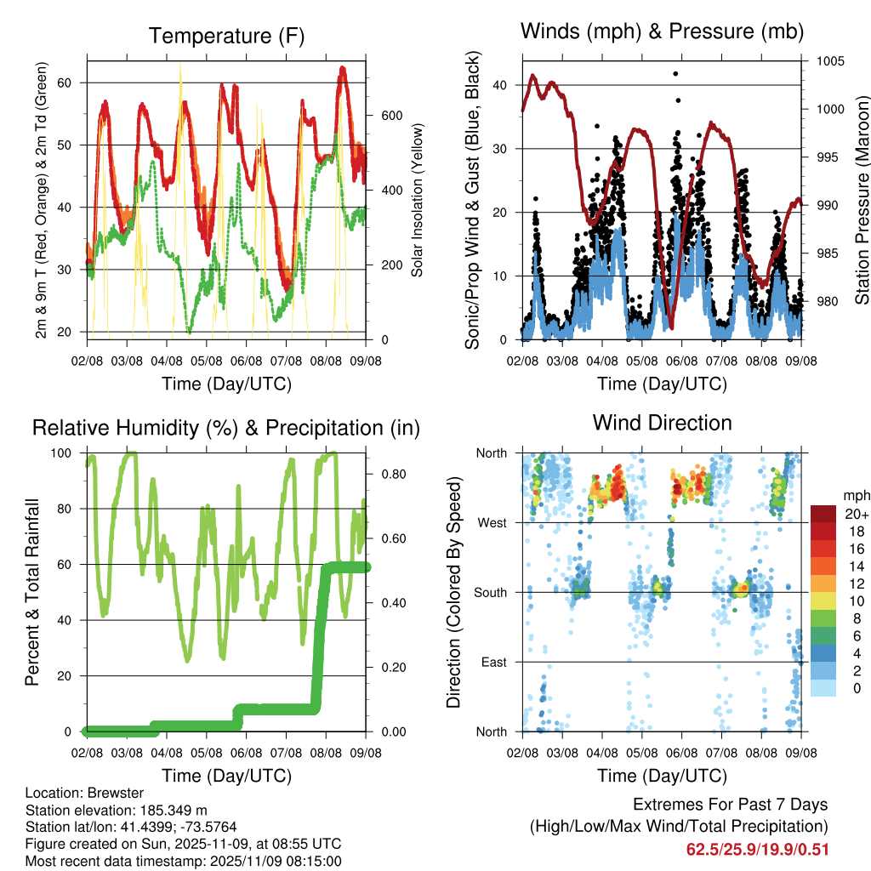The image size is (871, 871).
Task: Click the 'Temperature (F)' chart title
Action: tap(226, 36)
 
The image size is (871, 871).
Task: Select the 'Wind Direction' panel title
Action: tap(662, 422)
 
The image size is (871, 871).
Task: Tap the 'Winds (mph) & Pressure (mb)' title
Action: tap(662, 31)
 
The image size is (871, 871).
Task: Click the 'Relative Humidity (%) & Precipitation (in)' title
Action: tap(226, 427)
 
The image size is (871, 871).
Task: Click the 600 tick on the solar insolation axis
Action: tap(379, 116)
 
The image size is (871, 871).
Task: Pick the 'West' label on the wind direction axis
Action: tap(492, 522)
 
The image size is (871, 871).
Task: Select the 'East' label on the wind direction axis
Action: tap(493, 662)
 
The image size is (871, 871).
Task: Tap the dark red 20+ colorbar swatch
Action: tap(824, 514)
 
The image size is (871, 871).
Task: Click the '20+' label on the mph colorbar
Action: tap(854, 514)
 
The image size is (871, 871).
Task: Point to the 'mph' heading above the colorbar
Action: tap(854, 495)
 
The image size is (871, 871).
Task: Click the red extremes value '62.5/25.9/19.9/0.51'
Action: tap(757, 849)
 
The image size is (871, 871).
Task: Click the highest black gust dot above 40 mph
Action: tap(675, 74)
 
